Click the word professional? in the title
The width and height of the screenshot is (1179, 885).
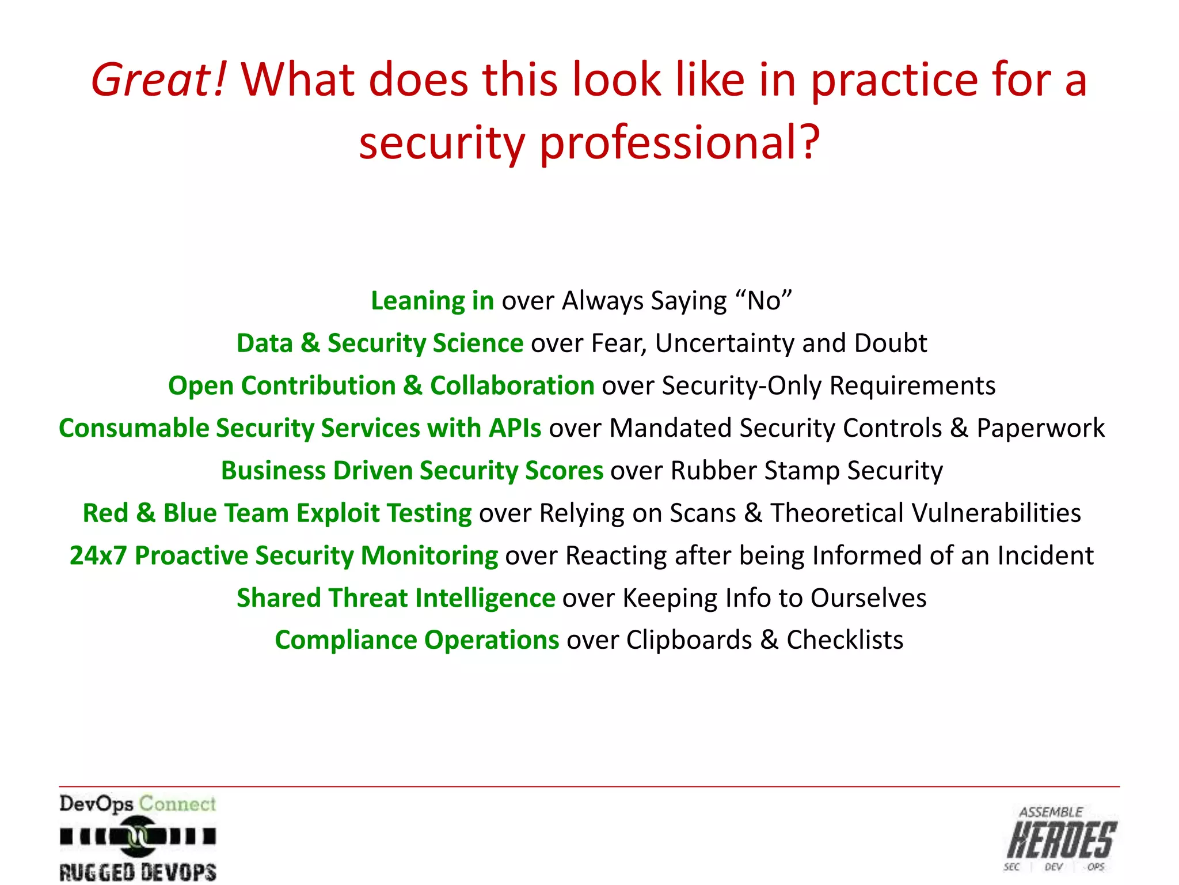coord(679,142)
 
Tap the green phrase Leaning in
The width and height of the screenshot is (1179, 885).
coord(432,301)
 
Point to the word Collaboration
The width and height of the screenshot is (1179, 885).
coord(512,385)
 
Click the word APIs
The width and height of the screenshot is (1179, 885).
coord(515,428)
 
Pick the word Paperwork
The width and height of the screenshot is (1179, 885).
coord(1040,428)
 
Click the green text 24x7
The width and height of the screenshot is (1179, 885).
coord(98,555)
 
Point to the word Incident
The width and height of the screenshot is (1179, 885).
coord(1045,555)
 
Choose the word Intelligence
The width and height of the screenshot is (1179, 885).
coord(485,598)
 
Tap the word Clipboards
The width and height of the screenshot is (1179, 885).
coord(689,640)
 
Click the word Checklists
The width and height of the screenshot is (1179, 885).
coord(845,640)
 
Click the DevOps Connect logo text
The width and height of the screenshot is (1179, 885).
coord(137,804)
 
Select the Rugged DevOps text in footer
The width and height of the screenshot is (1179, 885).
coord(138,871)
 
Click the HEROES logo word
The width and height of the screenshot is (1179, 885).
coord(1062,840)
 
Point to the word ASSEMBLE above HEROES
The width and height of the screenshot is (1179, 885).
coord(1051,812)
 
